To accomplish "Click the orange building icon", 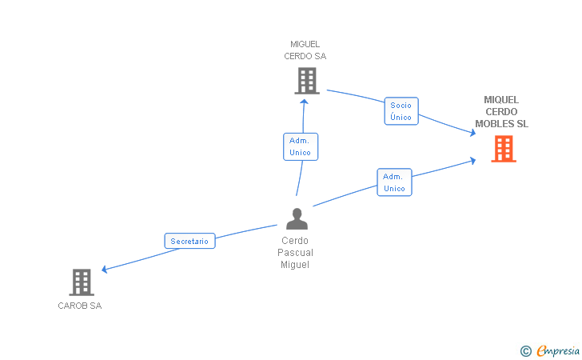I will (503, 149).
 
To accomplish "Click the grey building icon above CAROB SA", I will (82, 282).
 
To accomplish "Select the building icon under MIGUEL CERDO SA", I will (306, 81).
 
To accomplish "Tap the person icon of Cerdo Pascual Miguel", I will (297, 218).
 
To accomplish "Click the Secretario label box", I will (189, 241).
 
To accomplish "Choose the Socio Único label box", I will (401, 111).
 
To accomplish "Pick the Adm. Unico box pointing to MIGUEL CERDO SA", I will (301, 146).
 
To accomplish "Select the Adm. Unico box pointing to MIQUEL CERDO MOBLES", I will (394, 182).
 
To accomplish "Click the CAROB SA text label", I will (80, 306).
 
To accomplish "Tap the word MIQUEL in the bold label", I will (501, 100).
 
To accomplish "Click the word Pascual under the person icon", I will (295, 253).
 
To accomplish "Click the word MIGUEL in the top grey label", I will (305, 44).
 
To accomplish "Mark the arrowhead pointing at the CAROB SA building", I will (105, 270).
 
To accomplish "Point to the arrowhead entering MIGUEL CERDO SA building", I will (304, 98).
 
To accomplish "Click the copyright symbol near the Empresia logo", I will (525, 350).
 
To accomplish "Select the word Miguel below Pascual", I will (294, 265).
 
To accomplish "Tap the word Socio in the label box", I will (401, 105).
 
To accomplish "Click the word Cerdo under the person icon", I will (294, 241).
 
